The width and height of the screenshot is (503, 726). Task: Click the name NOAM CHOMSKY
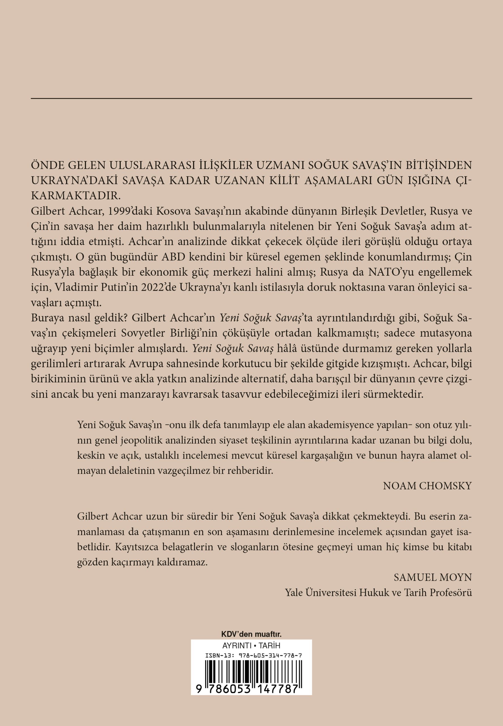427,486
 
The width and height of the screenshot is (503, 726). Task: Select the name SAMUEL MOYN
433,577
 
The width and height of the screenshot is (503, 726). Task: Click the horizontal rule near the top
251,99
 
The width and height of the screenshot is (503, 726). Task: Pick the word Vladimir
69,287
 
